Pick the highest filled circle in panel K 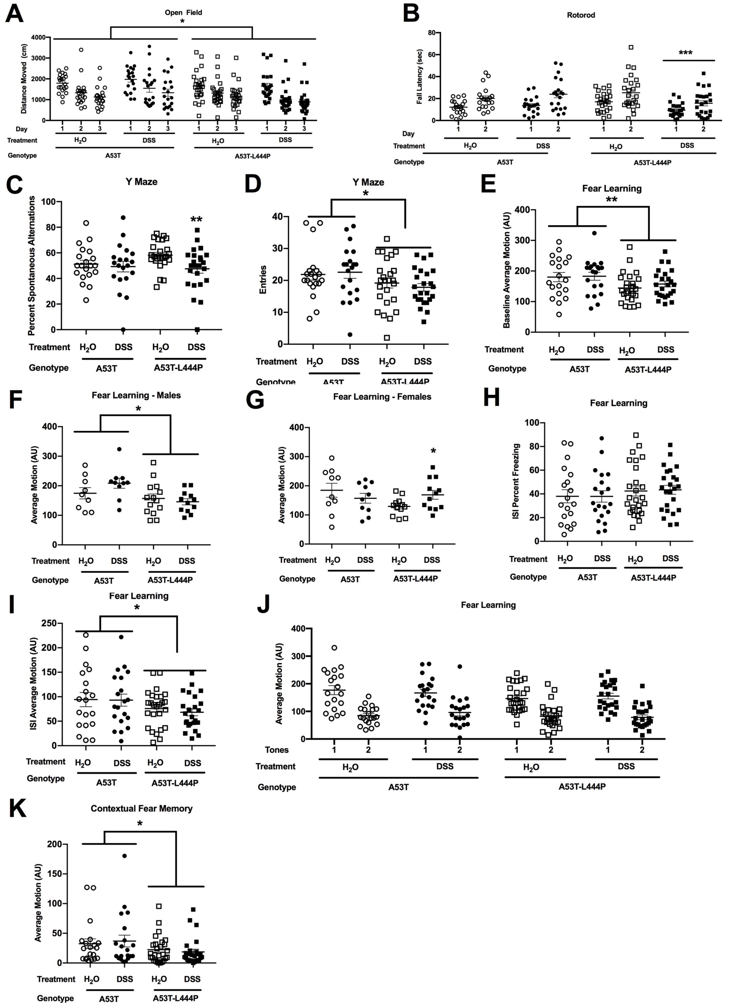tap(125, 856)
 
